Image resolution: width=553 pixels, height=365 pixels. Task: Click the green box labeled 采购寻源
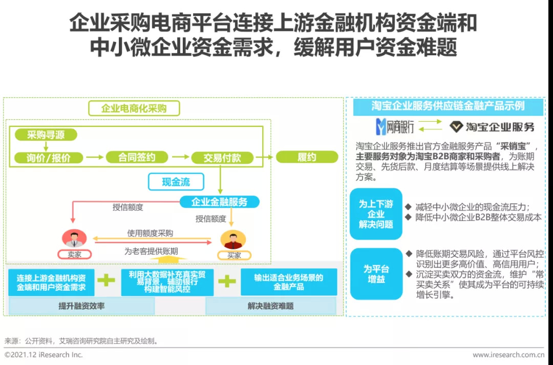pos(46,135)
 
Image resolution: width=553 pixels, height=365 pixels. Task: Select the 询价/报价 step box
pos(48,157)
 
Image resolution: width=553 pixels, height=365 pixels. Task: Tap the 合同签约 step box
pos(137,157)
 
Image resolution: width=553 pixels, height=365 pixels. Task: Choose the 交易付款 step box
pos(222,158)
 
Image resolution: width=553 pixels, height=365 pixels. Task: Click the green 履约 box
pos(307,157)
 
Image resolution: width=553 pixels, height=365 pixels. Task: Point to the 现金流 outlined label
pos(176,182)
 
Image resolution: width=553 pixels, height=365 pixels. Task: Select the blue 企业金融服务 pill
pos(219,202)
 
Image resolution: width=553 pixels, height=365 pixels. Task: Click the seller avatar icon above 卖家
pos(74,239)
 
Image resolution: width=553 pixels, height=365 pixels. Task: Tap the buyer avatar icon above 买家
pos(233,240)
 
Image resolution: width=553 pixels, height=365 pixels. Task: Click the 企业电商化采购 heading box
pos(134,108)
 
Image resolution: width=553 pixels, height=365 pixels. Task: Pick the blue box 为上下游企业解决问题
pos(376,214)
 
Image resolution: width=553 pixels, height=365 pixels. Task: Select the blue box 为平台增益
pos(376,274)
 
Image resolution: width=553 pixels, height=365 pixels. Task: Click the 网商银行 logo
pos(395,127)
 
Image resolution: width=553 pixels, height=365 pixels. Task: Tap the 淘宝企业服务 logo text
pos(492,127)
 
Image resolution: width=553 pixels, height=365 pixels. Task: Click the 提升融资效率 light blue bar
pos(81,306)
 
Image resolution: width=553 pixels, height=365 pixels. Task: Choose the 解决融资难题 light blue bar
pos(270,306)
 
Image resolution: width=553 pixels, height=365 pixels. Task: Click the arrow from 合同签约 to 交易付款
pos(181,157)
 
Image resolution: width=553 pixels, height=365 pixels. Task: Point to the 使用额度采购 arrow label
pos(150,233)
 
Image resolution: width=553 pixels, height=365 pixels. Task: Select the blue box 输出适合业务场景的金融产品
pos(289,282)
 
